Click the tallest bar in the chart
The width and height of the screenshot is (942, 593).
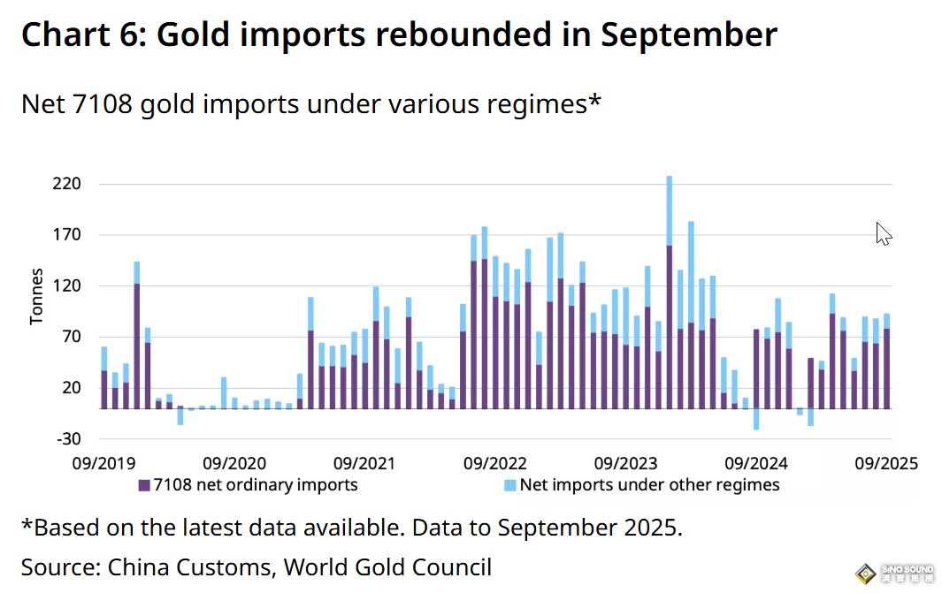[669, 292]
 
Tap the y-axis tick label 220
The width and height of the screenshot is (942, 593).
[67, 185]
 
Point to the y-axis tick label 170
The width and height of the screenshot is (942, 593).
[67, 235]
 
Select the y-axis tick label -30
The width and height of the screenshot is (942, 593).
[68, 439]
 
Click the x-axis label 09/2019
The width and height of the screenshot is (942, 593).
[104, 462]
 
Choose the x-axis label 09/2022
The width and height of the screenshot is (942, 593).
[495, 462]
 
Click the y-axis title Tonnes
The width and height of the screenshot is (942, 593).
[36, 296]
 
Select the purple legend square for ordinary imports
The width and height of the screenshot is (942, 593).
[144, 485]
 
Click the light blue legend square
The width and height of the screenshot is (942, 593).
[509, 485]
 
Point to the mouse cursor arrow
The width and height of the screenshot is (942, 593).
[883, 232]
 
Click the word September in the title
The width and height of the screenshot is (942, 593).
[689, 34]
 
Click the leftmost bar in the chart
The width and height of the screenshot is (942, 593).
[104, 377]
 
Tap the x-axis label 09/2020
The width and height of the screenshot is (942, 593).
[234, 462]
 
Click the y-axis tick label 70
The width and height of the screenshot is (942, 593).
[72, 337]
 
